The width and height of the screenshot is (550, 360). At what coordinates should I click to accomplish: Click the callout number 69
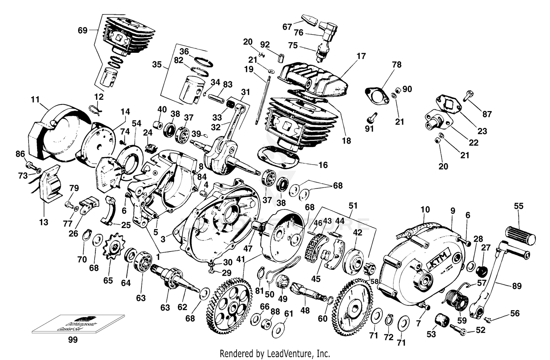pos(82,30)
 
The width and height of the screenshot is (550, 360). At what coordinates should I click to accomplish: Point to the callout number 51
pos(353,206)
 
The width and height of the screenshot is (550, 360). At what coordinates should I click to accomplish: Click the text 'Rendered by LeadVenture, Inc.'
pos(275,353)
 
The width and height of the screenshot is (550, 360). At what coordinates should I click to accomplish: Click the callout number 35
pos(157,65)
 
